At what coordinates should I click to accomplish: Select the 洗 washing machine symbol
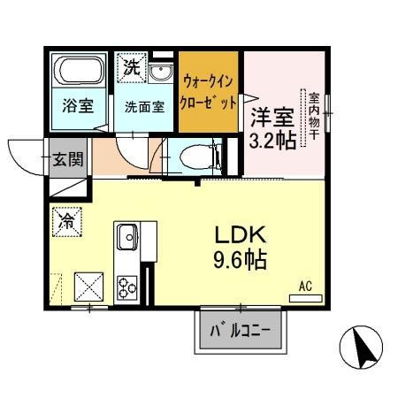pyautogui.click(x=130, y=66)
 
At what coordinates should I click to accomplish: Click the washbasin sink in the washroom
pyautogui.click(x=162, y=73)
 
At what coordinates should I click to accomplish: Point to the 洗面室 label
pyautogui.click(x=143, y=108)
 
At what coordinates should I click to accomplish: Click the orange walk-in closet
pyautogui.click(x=209, y=92)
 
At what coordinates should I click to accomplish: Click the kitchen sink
pyautogui.click(x=125, y=237)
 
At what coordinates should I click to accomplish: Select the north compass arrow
pyautogui.click(x=362, y=347)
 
